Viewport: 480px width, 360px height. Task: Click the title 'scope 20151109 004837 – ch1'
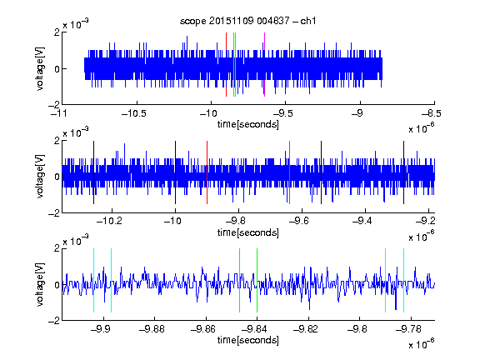[x=248, y=21]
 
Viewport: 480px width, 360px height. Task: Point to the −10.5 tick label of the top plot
[x=134, y=113]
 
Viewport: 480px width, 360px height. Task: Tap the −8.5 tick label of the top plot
[x=431, y=113]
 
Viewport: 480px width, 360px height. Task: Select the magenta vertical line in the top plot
[x=264, y=64]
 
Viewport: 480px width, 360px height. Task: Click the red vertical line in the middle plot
[x=207, y=172]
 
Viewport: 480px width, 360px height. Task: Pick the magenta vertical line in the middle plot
[x=289, y=172]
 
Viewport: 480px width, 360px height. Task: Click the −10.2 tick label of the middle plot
[x=109, y=221]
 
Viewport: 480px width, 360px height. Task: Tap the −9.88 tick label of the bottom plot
[x=152, y=329]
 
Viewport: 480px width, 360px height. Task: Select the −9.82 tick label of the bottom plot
[x=306, y=329]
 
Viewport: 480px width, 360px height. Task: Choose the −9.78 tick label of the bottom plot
[x=408, y=329]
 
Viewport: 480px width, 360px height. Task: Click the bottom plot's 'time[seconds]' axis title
[x=248, y=340]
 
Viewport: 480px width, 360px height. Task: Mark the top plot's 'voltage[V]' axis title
[x=40, y=68]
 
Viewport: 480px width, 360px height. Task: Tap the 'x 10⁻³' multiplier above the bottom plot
[x=76, y=241]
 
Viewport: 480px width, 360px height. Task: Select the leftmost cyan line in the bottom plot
[x=93, y=280]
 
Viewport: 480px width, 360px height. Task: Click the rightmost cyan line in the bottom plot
[x=404, y=280]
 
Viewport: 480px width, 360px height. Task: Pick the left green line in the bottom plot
[x=239, y=280]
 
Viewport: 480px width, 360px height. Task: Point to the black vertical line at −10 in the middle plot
[x=175, y=172]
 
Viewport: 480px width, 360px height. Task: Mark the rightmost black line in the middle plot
[x=404, y=172]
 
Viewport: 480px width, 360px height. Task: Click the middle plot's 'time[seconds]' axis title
[x=248, y=232]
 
